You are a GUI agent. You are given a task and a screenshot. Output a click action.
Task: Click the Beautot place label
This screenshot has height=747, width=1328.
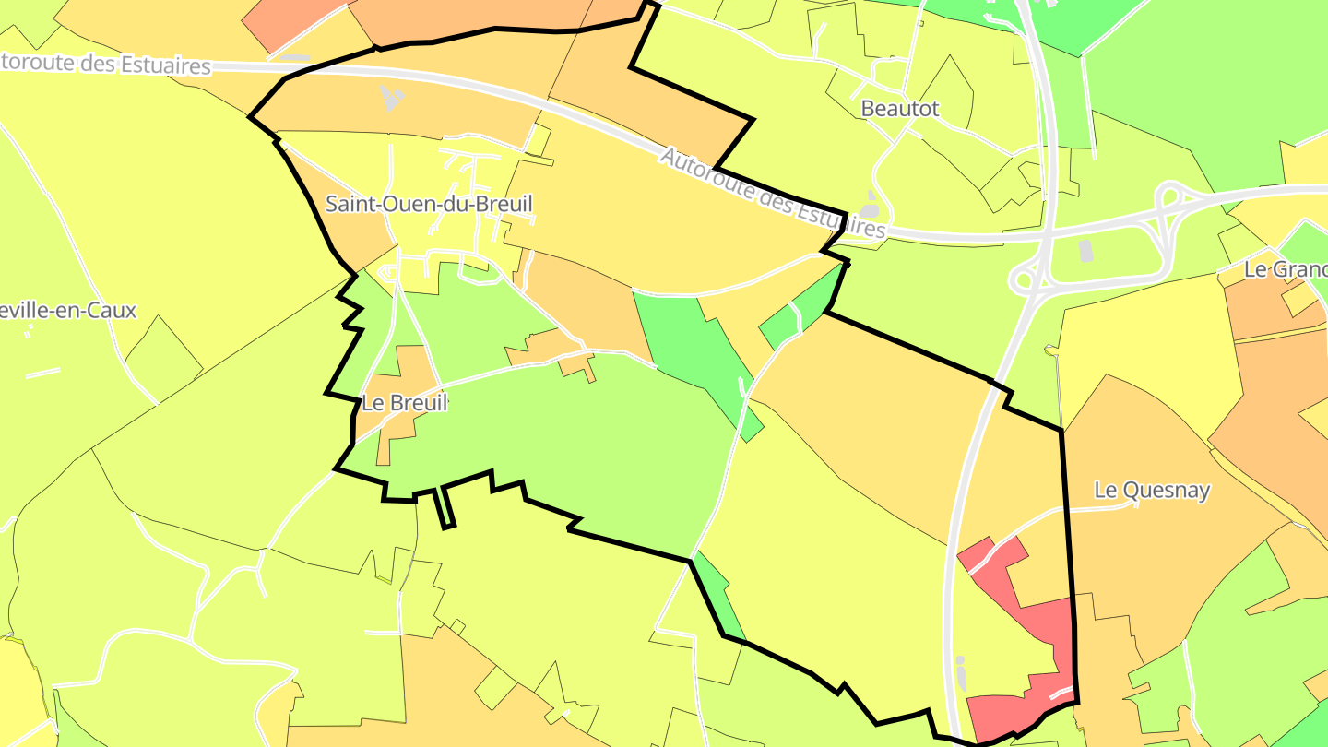click(x=899, y=109)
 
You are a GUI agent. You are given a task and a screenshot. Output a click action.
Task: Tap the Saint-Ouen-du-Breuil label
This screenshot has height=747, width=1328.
click(x=429, y=204)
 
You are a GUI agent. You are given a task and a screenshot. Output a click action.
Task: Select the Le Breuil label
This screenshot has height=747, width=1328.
click(x=404, y=403)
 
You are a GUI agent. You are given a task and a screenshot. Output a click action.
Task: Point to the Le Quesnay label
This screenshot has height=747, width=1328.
click(x=1151, y=490)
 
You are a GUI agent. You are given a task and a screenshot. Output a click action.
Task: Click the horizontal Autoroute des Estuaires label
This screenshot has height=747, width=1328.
click(x=106, y=65)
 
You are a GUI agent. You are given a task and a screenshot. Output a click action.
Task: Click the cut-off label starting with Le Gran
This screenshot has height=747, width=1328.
click(x=1286, y=269)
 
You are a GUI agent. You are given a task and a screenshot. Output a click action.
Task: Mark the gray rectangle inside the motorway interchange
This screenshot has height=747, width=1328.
click(x=1085, y=250)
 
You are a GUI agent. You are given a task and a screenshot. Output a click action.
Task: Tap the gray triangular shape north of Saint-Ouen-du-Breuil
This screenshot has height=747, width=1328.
click(x=392, y=97)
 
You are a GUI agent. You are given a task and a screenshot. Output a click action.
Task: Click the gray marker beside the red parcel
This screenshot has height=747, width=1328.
click(x=962, y=673)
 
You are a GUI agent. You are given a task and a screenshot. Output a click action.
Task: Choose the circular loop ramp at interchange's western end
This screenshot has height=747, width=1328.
click(x=1023, y=276)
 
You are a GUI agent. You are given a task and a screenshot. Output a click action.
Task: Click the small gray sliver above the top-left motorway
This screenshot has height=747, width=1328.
click(x=294, y=58)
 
